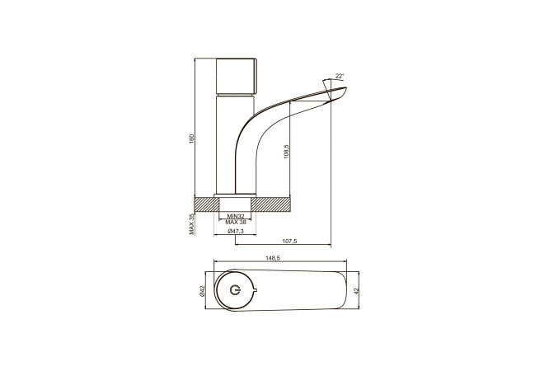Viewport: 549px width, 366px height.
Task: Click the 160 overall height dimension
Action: pyautogui.click(x=191, y=138)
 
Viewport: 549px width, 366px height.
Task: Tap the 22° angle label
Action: pyautogui.click(x=340, y=76)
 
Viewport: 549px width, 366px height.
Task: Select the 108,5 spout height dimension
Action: pyautogui.click(x=286, y=152)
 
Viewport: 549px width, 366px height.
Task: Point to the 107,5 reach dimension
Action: pyautogui.click(x=289, y=241)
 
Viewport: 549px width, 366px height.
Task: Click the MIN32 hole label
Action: pyautogui.click(x=236, y=216)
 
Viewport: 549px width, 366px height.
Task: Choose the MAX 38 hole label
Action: pyautogui.click(x=236, y=222)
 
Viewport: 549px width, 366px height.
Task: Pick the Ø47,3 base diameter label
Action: pyautogui.click(x=236, y=231)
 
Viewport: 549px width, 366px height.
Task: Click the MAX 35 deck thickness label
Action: pyautogui.click(x=191, y=223)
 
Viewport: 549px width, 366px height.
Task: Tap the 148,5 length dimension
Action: pyautogui.click(x=273, y=258)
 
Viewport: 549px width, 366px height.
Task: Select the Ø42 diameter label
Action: pyautogui.click(x=202, y=292)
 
